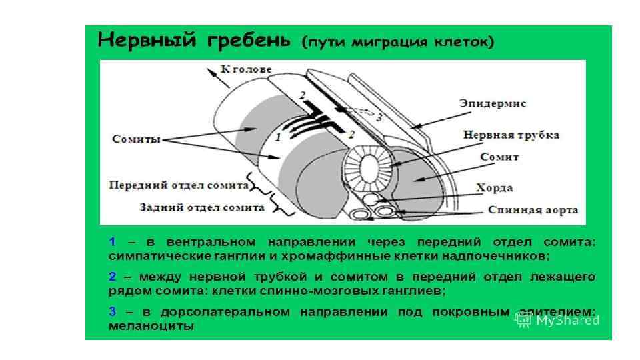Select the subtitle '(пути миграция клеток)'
pos(398,43)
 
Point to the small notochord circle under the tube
pos(369,199)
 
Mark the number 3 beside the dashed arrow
pos(379,117)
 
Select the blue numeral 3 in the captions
pos(113,311)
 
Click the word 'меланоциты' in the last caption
pos(151,327)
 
